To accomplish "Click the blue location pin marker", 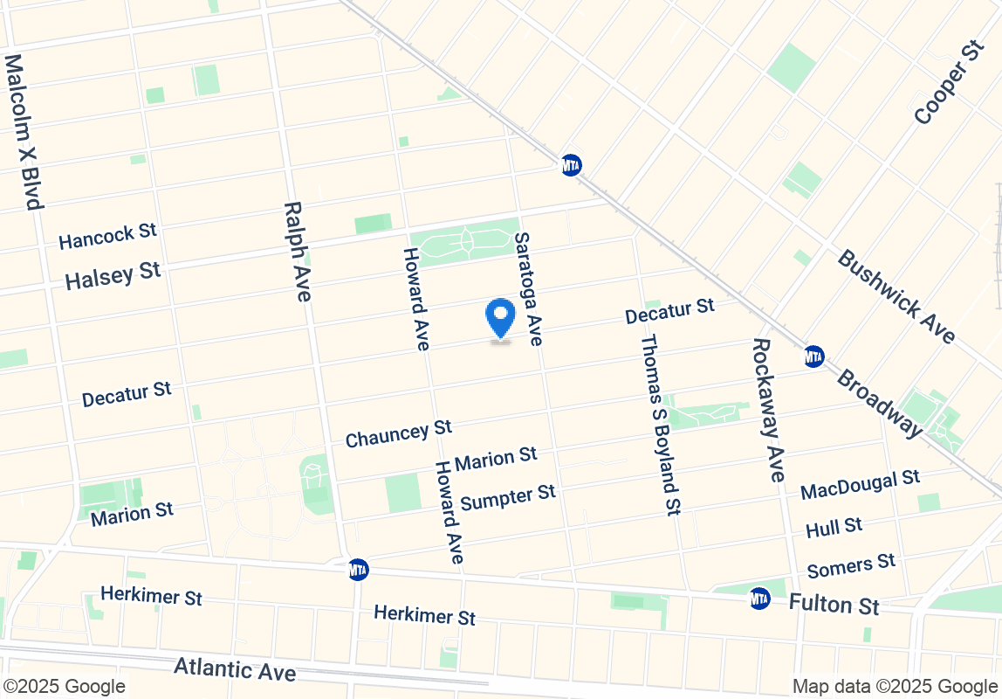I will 500,317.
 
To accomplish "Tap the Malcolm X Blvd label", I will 24,132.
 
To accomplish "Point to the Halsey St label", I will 113,275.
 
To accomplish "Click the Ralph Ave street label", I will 297,252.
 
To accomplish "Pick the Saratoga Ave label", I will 529,288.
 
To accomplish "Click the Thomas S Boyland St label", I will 660,424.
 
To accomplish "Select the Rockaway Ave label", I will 766,410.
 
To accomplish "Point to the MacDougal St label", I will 860,483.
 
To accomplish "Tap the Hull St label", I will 834,527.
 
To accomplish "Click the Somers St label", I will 851,565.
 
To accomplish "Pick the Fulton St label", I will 834,604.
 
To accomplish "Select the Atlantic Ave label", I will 235,669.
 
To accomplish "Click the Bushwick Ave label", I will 896,296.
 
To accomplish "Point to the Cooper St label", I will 950,82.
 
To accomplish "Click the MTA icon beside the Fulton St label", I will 759,599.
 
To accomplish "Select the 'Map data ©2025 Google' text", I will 895,686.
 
